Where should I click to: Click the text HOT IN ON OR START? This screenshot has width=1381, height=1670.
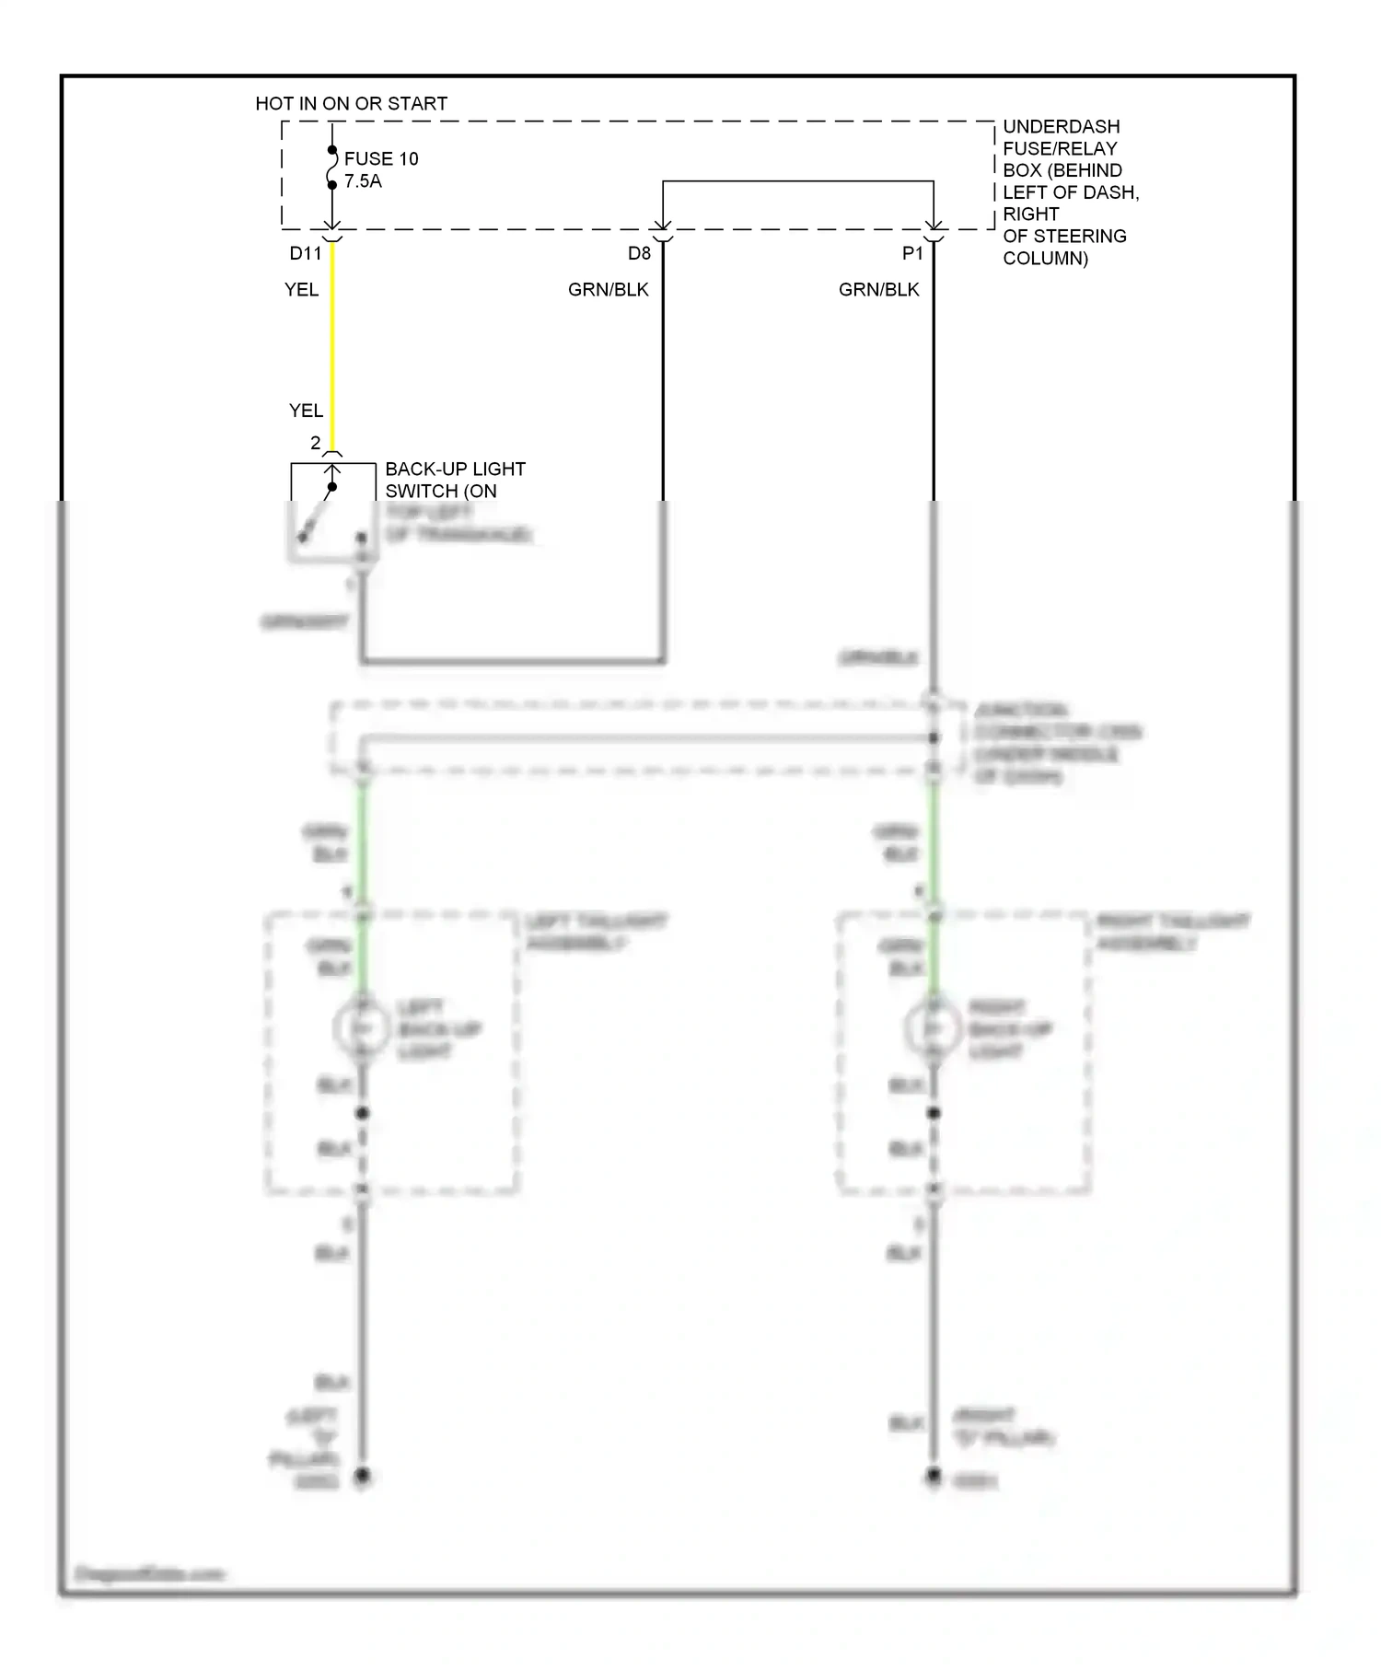point(351,104)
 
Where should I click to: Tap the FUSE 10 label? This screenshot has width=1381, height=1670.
point(381,159)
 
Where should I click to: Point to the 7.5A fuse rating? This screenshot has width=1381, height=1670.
point(363,181)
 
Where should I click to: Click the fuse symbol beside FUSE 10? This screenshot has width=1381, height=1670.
point(332,168)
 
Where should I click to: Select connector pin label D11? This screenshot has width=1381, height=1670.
point(306,253)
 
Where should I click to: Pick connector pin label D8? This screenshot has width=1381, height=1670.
point(639,253)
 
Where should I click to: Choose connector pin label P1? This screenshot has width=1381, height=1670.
point(911,253)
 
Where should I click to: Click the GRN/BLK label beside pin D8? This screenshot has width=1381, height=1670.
point(608,290)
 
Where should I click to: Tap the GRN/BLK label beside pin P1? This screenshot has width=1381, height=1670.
point(878,290)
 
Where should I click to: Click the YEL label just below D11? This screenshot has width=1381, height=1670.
point(301,290)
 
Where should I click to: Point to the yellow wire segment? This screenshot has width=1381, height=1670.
point(332,350)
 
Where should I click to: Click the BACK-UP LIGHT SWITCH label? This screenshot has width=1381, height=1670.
point(455,481)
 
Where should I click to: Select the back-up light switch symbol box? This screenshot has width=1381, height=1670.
point(332,511)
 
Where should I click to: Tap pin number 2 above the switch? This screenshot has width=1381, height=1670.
point(315,444)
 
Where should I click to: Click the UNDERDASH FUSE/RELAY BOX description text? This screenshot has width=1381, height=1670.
point(1068,192)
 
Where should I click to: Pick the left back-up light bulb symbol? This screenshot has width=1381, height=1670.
point(363,1028)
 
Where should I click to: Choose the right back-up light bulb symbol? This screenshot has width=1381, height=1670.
point(934,1028)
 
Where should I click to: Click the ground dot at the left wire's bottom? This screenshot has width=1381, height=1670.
point(363,1477)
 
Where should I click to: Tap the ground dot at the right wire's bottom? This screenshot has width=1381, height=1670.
point(934,1477)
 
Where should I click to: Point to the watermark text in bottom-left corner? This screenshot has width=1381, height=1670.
point(149,1574)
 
